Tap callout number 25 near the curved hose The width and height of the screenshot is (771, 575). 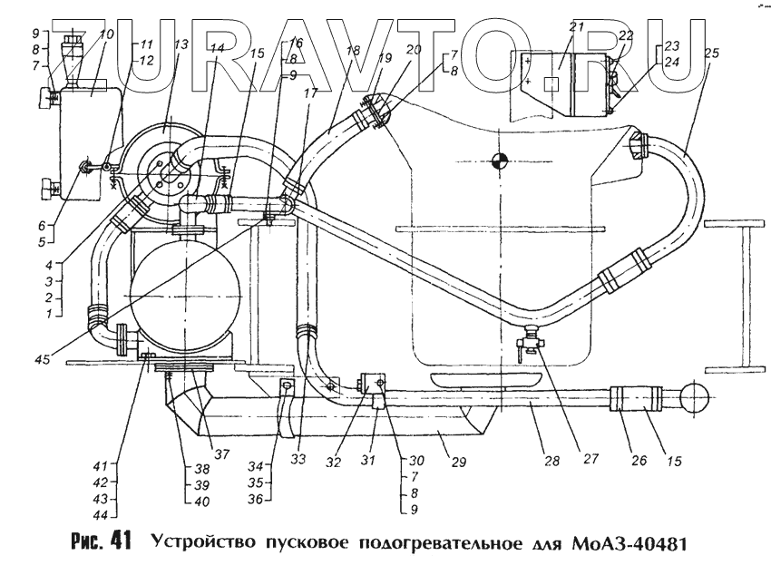tap(712, 54)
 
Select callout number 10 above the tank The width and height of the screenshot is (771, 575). tap(107, 34)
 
